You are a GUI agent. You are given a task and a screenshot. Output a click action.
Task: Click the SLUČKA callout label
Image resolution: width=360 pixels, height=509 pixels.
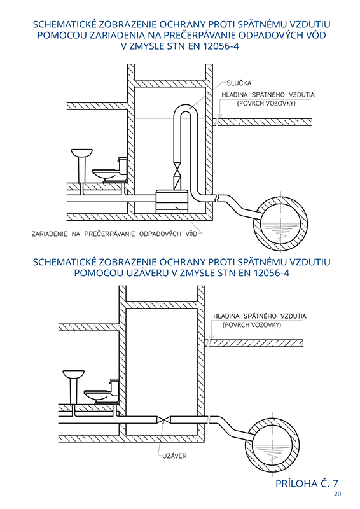(x=239, y=83)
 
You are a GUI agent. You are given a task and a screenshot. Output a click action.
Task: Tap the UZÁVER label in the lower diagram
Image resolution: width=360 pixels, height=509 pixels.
(x=174, y=456)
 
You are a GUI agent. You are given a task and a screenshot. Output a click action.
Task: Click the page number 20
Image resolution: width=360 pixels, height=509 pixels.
(x=337, y=494)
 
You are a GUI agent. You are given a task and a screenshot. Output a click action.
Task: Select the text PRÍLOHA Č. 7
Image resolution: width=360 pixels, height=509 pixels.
(x=307, y=484)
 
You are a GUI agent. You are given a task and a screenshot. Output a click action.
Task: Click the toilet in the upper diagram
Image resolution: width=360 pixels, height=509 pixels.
(x=110, y=171)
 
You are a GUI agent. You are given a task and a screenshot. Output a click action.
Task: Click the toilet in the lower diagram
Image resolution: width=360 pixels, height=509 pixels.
(x=102, y=392)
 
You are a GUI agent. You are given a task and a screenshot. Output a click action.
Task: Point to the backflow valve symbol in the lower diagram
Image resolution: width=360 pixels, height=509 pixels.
(x=163, y=420)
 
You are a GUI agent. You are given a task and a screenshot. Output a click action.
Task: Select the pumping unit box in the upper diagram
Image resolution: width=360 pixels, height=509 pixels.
(x=172, y=202)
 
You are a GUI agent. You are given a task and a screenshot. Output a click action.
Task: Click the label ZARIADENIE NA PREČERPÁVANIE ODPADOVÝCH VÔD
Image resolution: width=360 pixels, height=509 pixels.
(x=114, y=234)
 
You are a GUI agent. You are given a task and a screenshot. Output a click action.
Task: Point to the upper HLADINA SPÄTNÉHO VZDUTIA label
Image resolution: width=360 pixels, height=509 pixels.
(x=268, y=95)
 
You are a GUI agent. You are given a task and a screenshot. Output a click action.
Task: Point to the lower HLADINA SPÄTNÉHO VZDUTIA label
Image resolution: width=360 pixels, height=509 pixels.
(x=260, y=316)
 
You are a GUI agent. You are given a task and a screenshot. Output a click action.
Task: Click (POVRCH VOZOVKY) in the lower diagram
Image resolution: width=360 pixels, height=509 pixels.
(x=252, y=325)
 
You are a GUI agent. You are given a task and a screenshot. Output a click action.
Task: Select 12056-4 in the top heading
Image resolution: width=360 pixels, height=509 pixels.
(x=221, y=46)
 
